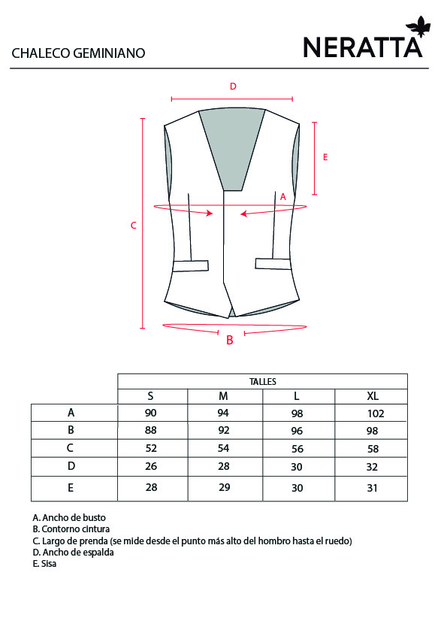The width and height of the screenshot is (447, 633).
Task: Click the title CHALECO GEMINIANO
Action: (78, 53)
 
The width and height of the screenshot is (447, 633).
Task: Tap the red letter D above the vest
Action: (233, 86)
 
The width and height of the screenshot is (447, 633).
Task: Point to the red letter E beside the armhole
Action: (325, 157)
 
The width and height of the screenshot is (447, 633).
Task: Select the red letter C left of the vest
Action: (134, 226)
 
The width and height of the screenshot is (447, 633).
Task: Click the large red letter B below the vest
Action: (230, 340)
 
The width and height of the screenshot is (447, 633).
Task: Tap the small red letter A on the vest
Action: (282, 197)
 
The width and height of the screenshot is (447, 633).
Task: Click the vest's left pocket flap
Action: (190, 266)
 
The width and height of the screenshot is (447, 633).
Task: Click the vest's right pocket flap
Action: (273, 264)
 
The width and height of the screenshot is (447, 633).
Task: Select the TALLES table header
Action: (263, 382)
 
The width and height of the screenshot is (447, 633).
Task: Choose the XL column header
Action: (373, 396)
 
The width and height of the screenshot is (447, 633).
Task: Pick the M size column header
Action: (223, 396)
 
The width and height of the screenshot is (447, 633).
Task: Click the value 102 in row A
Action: (376, 413)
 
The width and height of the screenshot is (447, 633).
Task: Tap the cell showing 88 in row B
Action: (151, 430)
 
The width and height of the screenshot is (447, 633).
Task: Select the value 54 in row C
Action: (224, 448)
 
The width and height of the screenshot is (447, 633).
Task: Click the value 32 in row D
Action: (372, 467)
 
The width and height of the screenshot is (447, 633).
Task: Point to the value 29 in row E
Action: (225, 487)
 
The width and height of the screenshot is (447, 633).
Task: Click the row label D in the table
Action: (71, 466)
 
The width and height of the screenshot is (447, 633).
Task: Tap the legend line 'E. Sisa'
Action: (44, 564)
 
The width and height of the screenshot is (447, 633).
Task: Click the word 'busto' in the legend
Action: (95, 517)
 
